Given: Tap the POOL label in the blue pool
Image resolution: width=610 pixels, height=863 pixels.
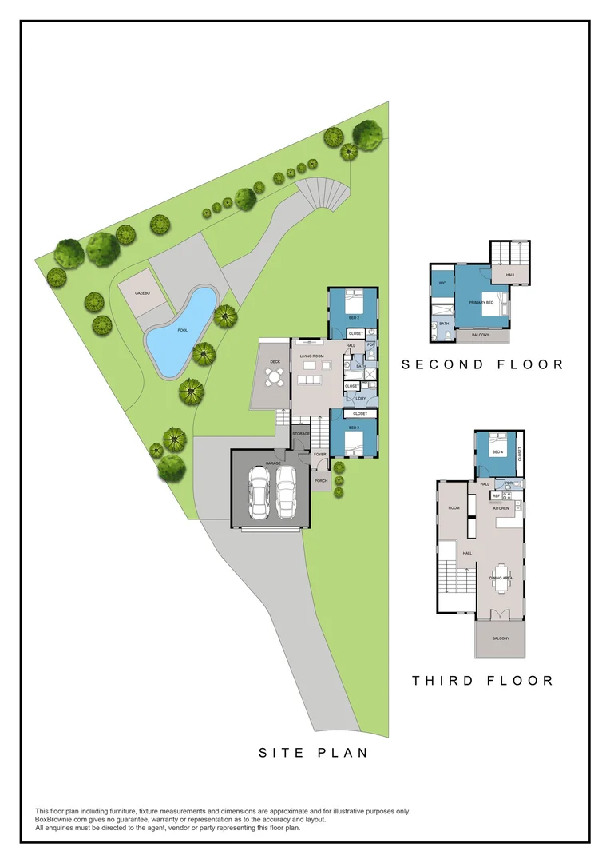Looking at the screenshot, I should click(182, 329).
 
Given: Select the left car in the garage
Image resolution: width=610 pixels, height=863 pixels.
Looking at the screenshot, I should click(259, 491).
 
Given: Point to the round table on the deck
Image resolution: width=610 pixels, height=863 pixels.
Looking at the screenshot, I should click(275, 380).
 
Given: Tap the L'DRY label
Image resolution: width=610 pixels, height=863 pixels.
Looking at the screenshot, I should click(360, 398).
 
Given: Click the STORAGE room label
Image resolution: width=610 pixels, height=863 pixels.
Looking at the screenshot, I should click(300, 434).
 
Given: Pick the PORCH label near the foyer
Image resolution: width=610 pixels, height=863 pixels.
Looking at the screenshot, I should click(320, 481).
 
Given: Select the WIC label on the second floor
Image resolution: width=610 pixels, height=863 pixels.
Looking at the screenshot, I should click(442, 283).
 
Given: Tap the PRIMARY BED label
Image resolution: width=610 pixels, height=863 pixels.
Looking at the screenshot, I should click(481, 304).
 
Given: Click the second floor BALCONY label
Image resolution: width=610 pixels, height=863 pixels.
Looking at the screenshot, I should click(481, 336).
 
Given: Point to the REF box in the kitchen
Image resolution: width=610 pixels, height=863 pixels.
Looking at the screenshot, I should click(495, 496).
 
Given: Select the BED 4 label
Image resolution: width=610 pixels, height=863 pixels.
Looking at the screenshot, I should click(497, 452).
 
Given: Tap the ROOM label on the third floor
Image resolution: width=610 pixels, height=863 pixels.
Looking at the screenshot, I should click(454, 508).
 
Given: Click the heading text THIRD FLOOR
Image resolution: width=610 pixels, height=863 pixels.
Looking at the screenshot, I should click(482, 681).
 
